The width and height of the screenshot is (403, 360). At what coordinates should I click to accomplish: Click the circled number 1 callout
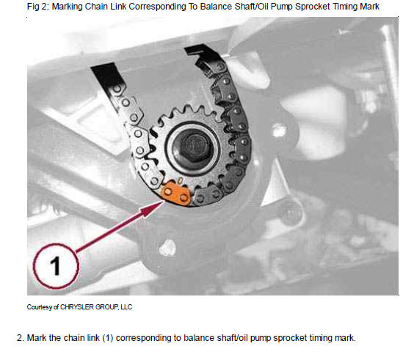55,266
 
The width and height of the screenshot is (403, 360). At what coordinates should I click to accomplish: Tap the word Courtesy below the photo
40,307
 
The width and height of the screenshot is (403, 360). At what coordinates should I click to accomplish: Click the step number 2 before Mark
21,338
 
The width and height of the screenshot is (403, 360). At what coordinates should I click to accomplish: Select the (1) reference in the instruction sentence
108,338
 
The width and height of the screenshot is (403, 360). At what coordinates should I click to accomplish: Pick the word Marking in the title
67,7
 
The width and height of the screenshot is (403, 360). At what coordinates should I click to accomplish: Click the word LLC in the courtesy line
126,307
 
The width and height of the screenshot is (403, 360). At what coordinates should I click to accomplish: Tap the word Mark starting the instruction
37,338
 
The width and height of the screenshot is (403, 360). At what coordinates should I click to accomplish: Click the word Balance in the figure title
215,6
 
